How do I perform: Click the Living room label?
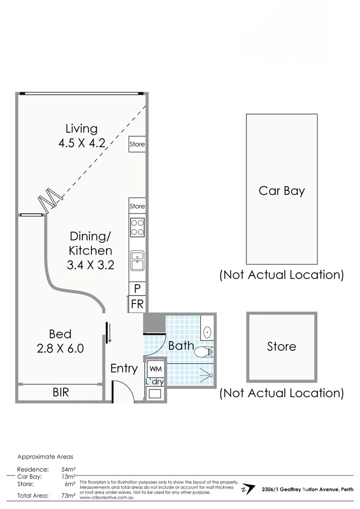point(81,129)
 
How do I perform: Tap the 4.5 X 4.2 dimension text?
point(81,143)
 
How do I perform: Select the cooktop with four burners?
point(137,228)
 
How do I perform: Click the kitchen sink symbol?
point(137,261)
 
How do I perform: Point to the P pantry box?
point(137,288)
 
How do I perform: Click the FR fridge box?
point(137,304)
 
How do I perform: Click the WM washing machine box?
point(156,369)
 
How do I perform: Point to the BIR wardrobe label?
point(60,393)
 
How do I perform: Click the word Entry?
point(124,369)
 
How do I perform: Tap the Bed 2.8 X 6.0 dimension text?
point(60,348)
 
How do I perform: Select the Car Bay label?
point(281,190)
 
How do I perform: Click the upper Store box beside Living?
point(137,144)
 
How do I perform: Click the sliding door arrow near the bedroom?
point(109,332)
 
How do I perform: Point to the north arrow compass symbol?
point(248,489)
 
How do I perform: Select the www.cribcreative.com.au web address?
point(107,498)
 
